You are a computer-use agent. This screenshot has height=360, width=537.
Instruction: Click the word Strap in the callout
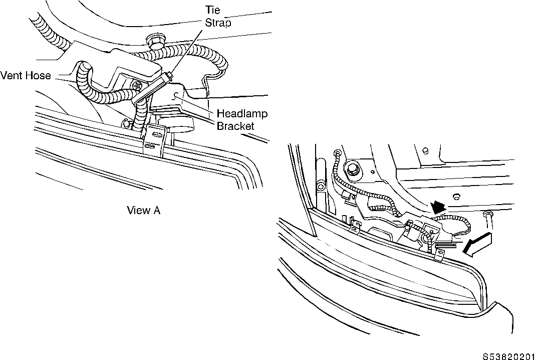coord(218,23)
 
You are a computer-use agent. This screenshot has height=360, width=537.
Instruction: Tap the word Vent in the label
coord(11,75)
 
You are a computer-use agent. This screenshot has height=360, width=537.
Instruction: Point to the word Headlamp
coord(242,113)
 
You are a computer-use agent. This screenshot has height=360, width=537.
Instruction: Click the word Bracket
coord(235,126)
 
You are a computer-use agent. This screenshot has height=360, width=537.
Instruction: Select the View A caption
coord(143,210)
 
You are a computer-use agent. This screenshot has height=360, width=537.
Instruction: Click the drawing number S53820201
coord(508,356)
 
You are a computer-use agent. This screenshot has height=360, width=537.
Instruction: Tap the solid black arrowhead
coord(438,207)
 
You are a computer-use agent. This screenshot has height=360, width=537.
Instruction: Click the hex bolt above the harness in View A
coord(154,41)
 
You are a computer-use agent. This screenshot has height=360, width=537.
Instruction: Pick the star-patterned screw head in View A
coord(137,85)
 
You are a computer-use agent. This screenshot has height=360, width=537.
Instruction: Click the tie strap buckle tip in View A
coord(170,73)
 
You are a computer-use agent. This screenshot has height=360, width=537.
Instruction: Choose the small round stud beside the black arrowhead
coord(456,197)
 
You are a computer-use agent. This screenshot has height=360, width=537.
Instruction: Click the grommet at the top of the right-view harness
coord(338,152)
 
